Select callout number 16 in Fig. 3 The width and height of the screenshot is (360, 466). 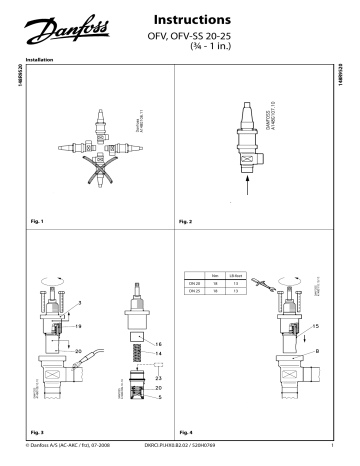[157, 343]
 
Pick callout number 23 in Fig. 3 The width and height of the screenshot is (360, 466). [157, 377]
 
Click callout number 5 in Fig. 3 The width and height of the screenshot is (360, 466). [157, 397]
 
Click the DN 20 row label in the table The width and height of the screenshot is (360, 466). [195, 283]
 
